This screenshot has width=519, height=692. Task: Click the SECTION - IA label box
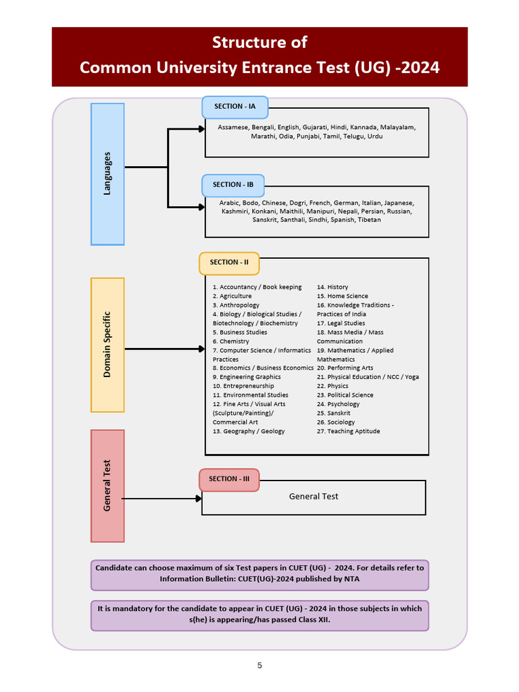(234, 107)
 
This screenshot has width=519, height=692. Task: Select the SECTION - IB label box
(232, 185)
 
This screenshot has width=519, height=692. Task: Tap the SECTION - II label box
(229, 263)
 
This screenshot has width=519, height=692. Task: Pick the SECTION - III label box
(229, 479)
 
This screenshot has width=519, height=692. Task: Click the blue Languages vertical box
(107, 174)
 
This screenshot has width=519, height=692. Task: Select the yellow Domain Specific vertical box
(107, 345)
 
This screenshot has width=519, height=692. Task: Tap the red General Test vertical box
(107, 486)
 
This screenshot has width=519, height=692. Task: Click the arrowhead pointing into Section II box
(201, 349)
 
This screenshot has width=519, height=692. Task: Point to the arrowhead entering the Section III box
(199, 499)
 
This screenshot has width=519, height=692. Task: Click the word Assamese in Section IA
(233, 127)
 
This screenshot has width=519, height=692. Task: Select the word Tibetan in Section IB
(369, 220)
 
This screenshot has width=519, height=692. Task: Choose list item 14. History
(332, 287)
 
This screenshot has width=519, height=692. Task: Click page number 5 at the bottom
(259, 666)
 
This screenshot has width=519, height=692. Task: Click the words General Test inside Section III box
(314, 497)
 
